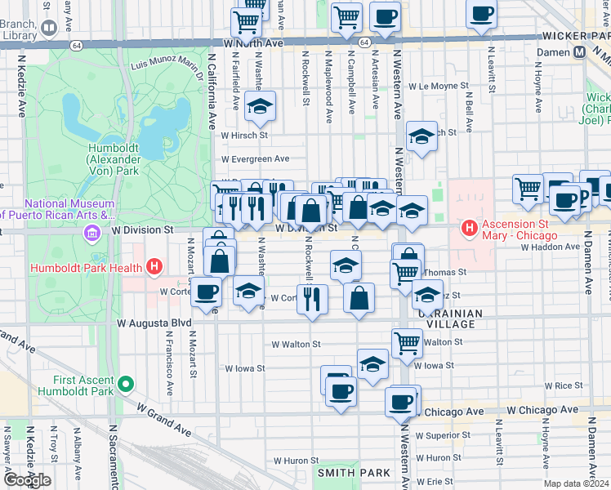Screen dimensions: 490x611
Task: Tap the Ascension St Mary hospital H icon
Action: pyautogui.click(x=469, y=226)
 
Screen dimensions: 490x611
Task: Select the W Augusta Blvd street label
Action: pyautogui.click(x=154, y=323)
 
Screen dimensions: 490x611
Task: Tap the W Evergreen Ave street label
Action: pyautogui.click(x=255, y=159)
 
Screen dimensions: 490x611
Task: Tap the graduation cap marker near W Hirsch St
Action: pyautogui.click(x=261, y=106)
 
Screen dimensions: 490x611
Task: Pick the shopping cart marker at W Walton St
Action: pyautogui.click(x=407, y=344)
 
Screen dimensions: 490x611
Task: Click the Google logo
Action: pyautogui.click(x=26, y=480)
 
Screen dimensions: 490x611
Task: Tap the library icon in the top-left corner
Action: pyautogui.click(x=49, y=29)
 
